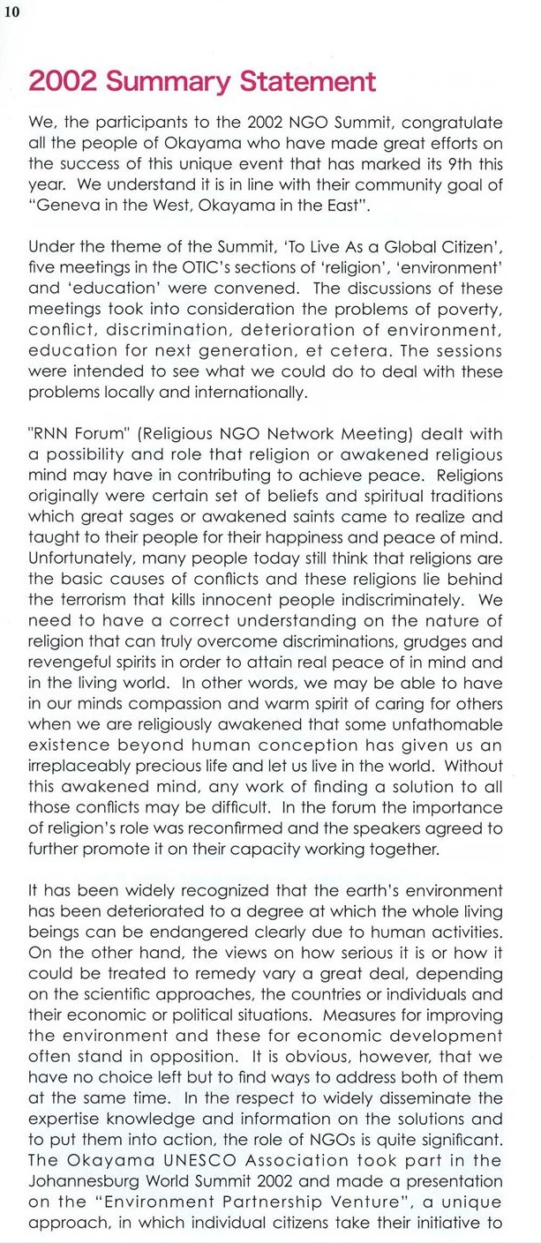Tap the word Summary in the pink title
(x=171, y=82)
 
